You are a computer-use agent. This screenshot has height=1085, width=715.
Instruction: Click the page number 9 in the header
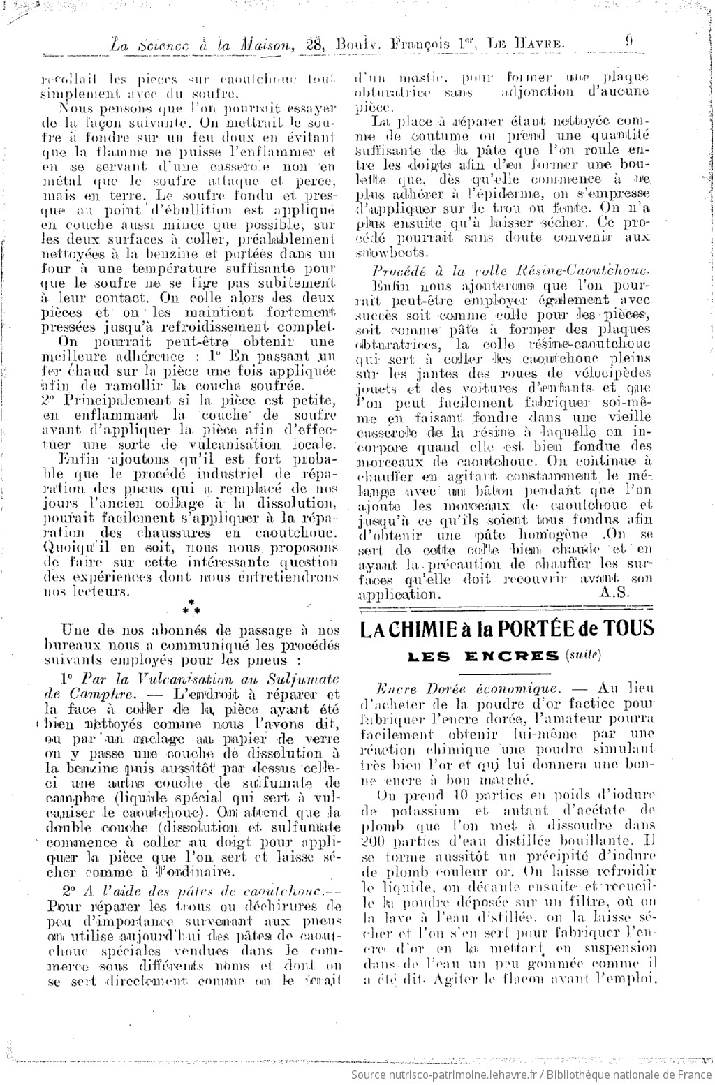[629, 41]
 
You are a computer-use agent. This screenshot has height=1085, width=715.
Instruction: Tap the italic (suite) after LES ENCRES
[583, 655]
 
